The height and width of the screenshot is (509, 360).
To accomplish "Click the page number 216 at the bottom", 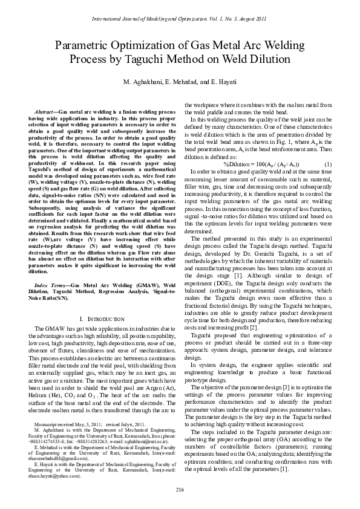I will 180,488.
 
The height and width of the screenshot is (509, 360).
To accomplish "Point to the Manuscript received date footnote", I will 61,426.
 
